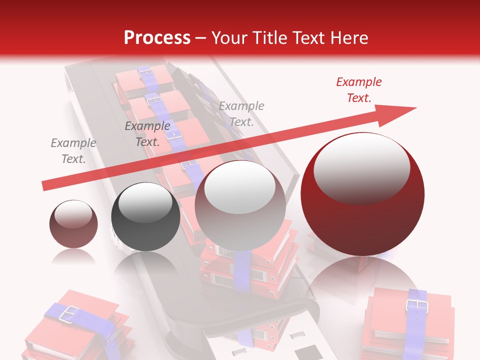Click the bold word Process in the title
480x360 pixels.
click(x=157, y=37)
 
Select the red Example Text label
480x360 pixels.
click(x=358, y=90)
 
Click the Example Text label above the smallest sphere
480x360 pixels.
click(x=73, y=151)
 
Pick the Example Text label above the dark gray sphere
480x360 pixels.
click(x=147, y=134)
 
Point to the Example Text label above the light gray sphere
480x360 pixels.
click(x=241, y=113)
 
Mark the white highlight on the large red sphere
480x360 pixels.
click(x=361, y=167)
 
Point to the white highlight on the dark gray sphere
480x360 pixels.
click(x=145, y=203)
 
